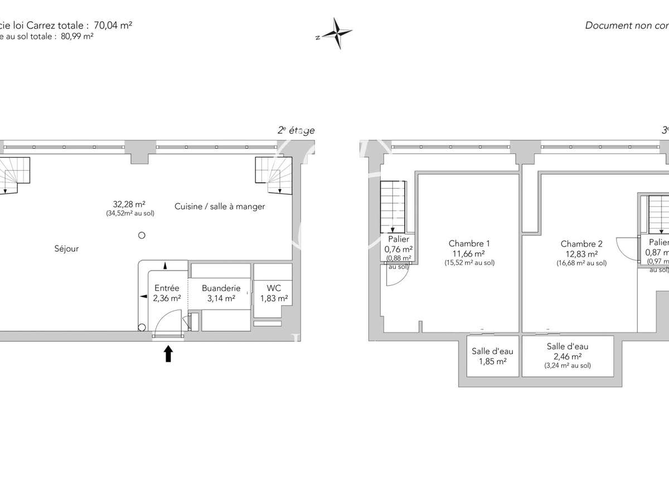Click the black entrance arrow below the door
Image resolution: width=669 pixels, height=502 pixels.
click(168, 354)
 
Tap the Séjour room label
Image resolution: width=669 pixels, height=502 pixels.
click(66, 249)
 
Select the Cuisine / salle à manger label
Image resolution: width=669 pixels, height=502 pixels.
click(220, 206)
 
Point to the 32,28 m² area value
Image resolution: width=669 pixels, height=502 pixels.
click(130, 204)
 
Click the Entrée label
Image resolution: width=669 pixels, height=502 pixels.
click(167, 288)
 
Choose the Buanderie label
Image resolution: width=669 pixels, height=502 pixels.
click(221, 288)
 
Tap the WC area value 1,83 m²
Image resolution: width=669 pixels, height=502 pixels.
click(273, 298)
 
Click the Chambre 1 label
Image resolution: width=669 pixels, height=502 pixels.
click(469, 243)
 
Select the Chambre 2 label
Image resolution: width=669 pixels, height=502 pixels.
click(581, 244)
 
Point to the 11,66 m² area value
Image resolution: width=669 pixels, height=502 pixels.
click(469, 253)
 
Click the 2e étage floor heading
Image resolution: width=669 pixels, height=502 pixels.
click(296, 131)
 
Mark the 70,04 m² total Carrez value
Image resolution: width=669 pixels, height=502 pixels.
click(114, 25)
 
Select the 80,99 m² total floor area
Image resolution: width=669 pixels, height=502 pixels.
click(74, 36)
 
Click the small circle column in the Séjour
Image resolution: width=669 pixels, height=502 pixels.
click(142, 235)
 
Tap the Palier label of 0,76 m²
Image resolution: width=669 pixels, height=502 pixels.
click(398, 239)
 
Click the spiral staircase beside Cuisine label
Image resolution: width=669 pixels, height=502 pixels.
click(273, 175)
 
